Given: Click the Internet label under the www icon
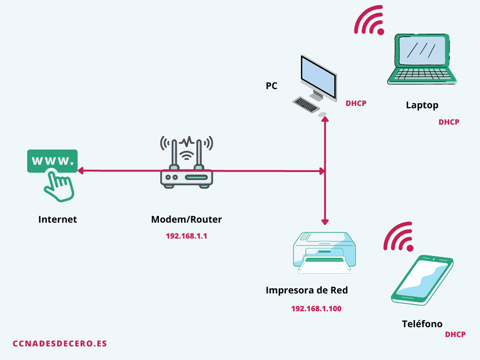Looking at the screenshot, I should coord(57,219).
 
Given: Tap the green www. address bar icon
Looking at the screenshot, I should coord(52,161).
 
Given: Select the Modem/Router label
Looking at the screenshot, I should coord(186,219).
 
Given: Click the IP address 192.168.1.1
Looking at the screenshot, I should coord(186,236).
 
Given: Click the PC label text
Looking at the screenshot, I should coord(271,86).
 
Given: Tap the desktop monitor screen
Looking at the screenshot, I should coord(318,77).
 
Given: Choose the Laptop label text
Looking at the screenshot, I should coord(422,105).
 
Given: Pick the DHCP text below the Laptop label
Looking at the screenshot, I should coord(449,122).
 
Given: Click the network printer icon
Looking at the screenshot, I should coord(324,253).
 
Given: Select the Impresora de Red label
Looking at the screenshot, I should coord(307,290).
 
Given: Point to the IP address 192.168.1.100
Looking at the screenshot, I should coord(316,308).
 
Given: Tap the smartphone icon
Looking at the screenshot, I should coord(422,279).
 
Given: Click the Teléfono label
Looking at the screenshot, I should coord(422,324).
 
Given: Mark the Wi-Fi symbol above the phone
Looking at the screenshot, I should coord(399,237).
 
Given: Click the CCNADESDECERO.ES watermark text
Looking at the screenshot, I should coord(60,344).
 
